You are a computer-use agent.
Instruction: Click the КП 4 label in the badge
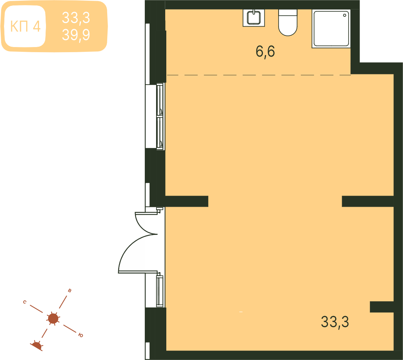coord(25,26)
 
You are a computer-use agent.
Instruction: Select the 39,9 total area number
coord(76,35)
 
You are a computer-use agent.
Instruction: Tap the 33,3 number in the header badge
coord(76,18)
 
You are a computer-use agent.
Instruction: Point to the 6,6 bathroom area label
coord(265,51)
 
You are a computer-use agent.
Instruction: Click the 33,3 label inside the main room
coord(335,322)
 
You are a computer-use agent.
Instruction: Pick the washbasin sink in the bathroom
coord(254,18)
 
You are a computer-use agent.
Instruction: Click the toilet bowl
coord(288,23)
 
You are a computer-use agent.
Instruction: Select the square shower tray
coord(331,28)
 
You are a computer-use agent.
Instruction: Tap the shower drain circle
coord(345,15)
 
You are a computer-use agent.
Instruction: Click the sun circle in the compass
coord(53,319)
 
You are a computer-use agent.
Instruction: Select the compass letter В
coord(69,291)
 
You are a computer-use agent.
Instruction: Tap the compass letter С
coord(25,302)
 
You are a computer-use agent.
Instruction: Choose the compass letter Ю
coord(81,335)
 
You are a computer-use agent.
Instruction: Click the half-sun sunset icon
coord(36,346)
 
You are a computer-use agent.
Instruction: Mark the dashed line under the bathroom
coord(259,75)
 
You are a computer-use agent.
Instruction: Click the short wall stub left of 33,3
coord(382,307)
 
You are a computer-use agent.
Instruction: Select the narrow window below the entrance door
coord(160,291)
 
